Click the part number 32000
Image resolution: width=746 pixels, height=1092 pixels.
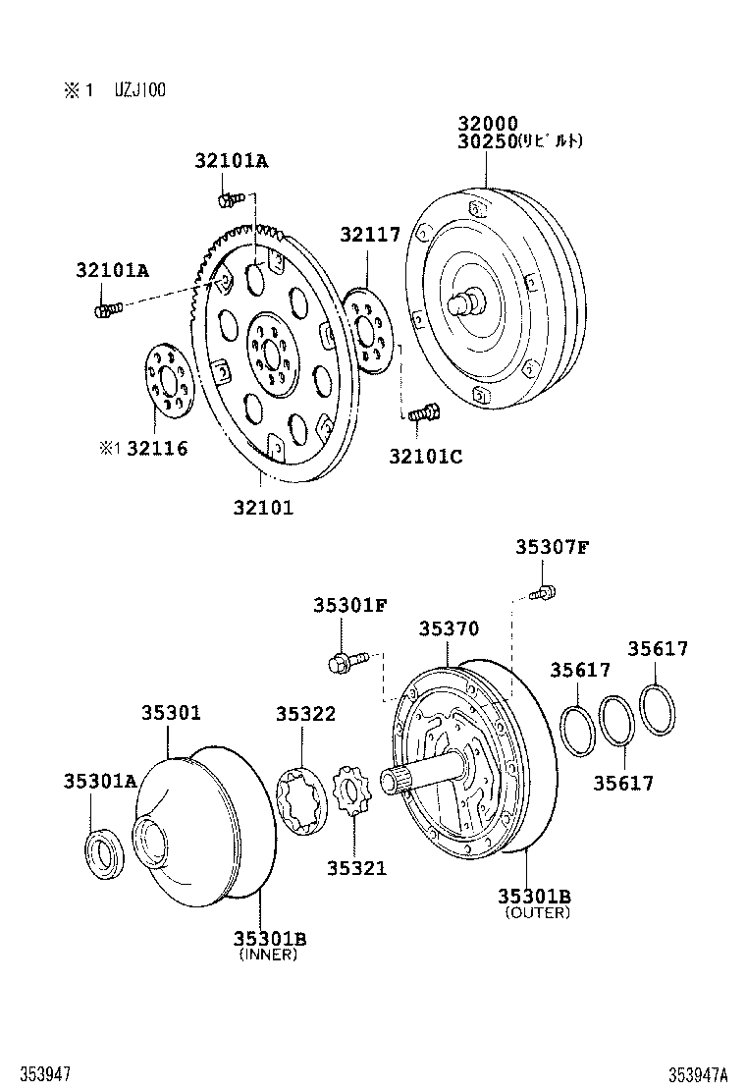pyautogui.click(x=487, y=124)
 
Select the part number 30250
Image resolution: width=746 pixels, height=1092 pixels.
pyautogui.click(x=487, y=141)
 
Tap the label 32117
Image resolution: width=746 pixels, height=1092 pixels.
pyautogui.click(x=371, y=235)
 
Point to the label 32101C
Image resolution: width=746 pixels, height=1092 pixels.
pyautogui.click(x=425, y=456)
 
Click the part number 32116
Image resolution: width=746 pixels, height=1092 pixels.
pyautogui.click(x=157, y=449)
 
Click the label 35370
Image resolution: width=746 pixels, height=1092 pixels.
pyautogui.click(x=449, y=628)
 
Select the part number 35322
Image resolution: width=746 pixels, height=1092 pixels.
pyautogui.click(x=305, y=714)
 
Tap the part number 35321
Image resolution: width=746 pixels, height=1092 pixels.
pyautogui.click(x=356, y=867)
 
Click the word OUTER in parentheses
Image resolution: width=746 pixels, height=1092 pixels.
pyautogui.click(x=537, y=912)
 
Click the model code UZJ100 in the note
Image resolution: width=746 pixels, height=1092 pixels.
pyautogui.click(x=139, y=90)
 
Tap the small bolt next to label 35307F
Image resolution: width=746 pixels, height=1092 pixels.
pyautogui.click(x=542, y=592)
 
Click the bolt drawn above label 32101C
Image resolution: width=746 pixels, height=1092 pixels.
pyautogui.click(x=423, y=415)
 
